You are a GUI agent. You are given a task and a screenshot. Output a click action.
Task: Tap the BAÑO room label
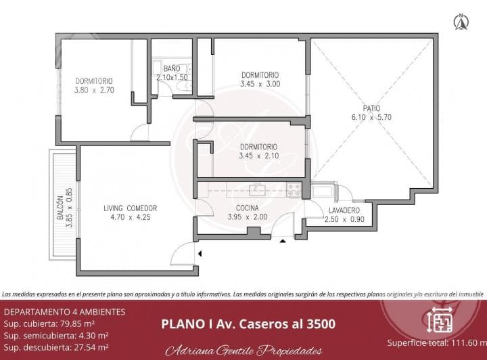click(172, 68)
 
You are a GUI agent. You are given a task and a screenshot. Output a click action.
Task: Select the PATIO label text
click(370, 108)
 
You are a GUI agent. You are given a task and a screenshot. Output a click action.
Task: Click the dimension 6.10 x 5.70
click(371, 117)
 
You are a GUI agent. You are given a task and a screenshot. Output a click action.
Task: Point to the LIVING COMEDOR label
click(131, 208)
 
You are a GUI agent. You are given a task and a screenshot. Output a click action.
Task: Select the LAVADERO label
click(344, 210)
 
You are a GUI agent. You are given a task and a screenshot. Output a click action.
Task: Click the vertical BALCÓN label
click(60, 210)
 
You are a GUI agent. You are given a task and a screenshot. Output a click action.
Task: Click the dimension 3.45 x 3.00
click(259, 84)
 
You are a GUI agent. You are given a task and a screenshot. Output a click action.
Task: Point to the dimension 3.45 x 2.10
click(259, 156)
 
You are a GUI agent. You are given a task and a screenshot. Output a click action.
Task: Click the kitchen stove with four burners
click(294, 189)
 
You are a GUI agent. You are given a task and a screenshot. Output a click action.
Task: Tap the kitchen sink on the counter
click(256, 189)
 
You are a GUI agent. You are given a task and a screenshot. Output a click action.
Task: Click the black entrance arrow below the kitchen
click(283, 240)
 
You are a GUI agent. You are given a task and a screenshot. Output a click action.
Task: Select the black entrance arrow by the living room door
click(201, 253)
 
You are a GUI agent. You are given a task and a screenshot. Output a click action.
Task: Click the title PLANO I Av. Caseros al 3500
click(248, 323)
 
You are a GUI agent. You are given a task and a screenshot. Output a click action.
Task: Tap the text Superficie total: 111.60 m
click(436, 342)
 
